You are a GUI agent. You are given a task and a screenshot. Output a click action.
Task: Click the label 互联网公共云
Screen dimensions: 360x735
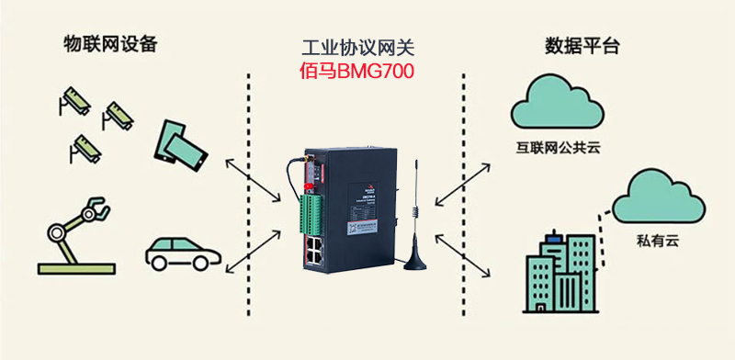[558, 146]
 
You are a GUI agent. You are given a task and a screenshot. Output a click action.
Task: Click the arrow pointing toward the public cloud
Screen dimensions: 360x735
[468, 181]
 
